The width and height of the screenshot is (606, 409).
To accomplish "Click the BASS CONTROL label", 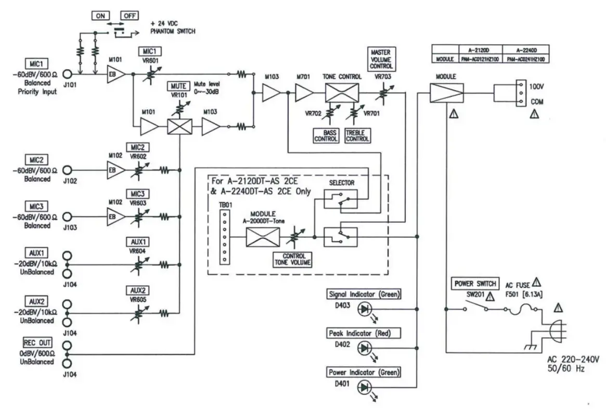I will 326,136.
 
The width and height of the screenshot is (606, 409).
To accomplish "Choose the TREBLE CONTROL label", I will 357,136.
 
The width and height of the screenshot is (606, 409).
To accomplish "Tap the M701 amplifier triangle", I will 304,94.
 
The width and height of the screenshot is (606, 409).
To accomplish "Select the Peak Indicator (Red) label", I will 364,333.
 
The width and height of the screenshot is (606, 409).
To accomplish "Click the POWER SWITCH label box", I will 474,284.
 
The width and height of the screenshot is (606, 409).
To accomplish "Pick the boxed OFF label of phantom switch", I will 129,16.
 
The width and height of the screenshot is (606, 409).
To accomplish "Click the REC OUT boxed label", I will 40,343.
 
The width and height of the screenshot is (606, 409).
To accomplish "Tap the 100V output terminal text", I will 536,86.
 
